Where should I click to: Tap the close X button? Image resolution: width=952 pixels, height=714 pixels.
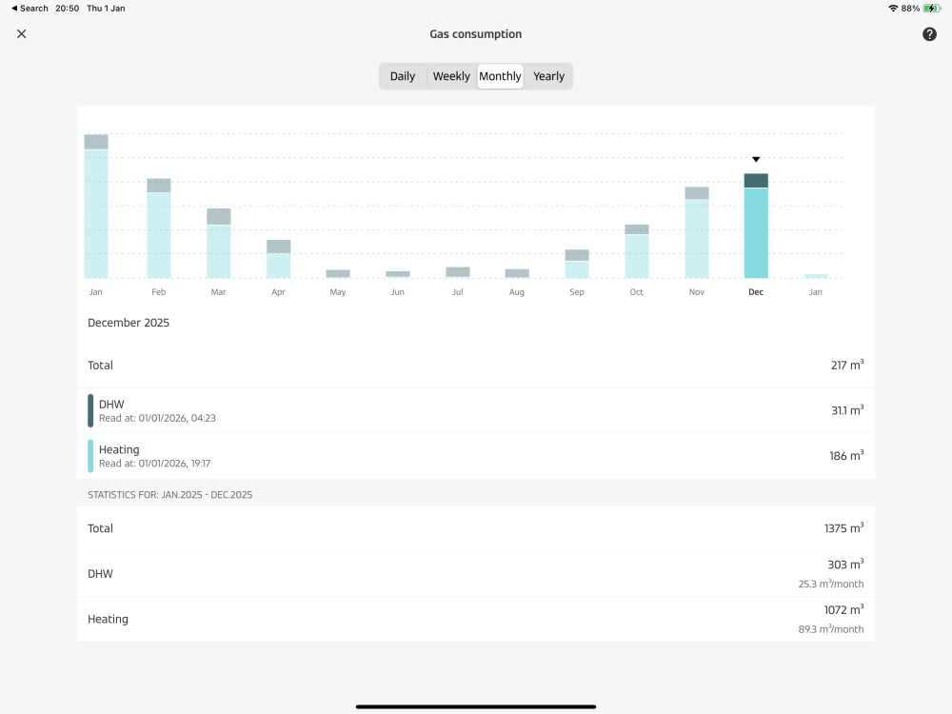tap(22, 34)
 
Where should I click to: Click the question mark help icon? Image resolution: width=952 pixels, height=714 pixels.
tap(930, 34)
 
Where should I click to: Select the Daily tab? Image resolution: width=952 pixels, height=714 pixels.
tap(403, 76)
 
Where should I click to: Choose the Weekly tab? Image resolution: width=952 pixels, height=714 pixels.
tap(451, 76)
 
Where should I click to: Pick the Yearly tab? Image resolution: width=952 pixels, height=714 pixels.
tap(549, 76)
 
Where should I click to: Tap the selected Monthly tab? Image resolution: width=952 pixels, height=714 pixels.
tap(500, 76)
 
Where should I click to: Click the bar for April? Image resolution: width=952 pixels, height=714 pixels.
tap(278, 260)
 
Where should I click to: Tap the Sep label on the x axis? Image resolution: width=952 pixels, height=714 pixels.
tap(577, 292)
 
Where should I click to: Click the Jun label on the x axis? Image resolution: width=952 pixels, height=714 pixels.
tap(398, 292)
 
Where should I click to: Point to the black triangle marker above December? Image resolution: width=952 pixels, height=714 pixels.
tap(756, 160)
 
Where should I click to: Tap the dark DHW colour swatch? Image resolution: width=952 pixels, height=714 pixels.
tap(90, 410)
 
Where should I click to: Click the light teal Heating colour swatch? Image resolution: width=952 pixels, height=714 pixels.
tap(90, 456)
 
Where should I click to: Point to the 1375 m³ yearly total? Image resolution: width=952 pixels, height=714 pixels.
tap(843, 528)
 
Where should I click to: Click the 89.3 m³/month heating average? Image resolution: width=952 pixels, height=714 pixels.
tap(831, 629)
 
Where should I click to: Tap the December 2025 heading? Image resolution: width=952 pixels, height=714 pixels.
tap(129, 323)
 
